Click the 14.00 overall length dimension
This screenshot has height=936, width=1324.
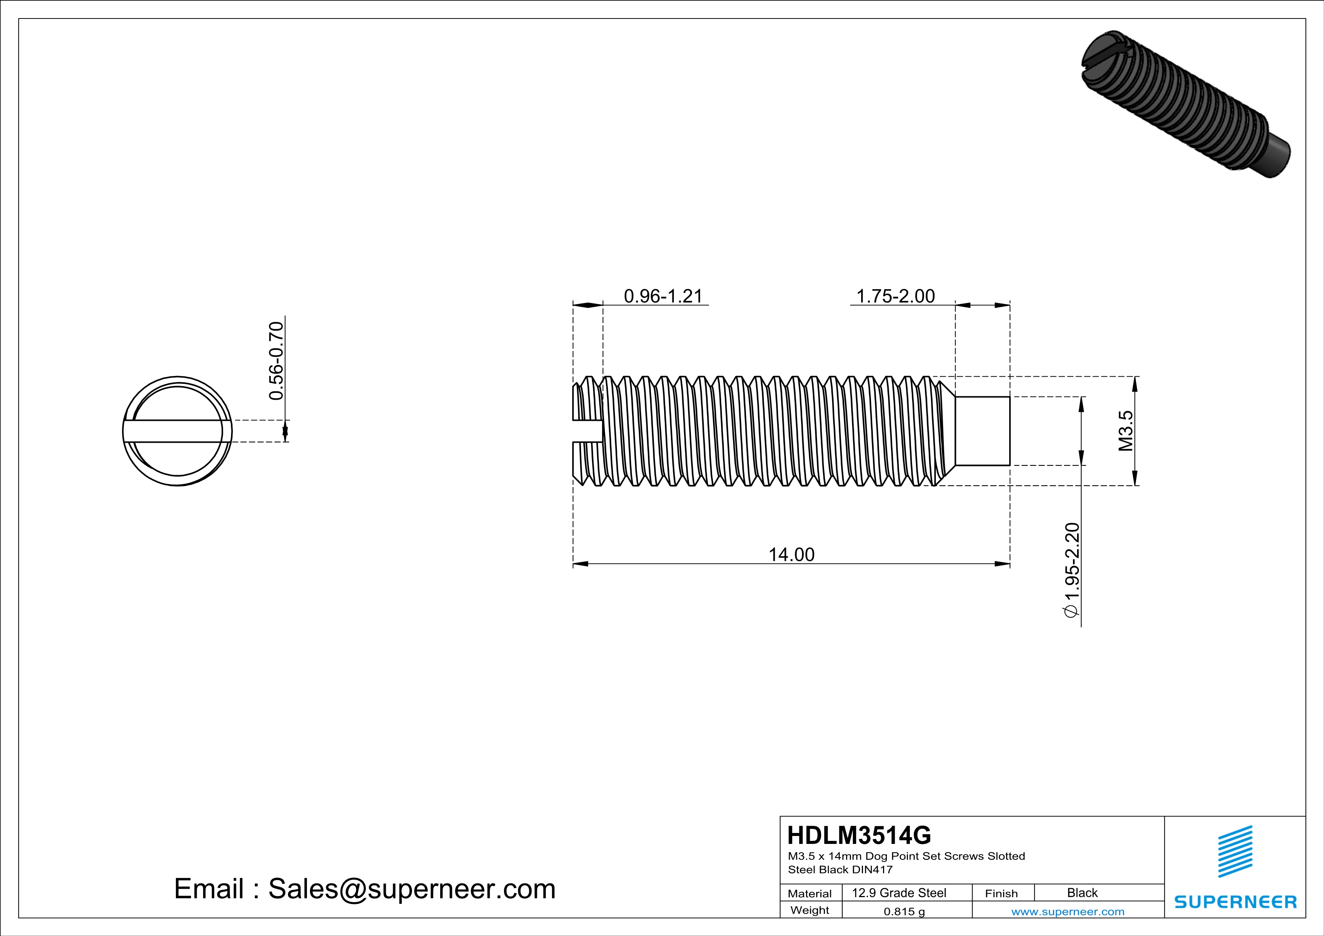[791, 554]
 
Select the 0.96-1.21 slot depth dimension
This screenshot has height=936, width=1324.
[663, 296]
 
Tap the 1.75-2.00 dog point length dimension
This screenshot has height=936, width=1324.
[895, 296]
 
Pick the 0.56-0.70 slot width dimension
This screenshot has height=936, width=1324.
[276, 361]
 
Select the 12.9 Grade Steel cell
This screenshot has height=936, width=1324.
[899, 893]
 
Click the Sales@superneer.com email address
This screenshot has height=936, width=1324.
[412, 889]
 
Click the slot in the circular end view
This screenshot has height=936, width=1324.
[177, 431]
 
